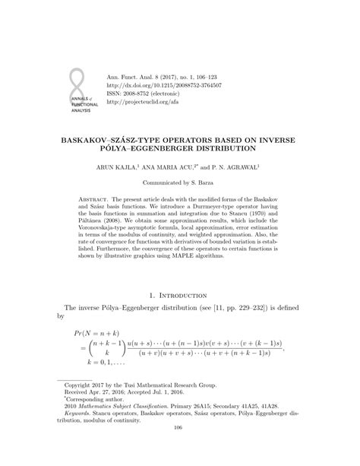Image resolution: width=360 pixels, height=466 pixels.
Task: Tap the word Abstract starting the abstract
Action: (x=95, y=198)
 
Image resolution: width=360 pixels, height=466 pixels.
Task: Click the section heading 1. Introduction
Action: (x=179, y=295)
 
